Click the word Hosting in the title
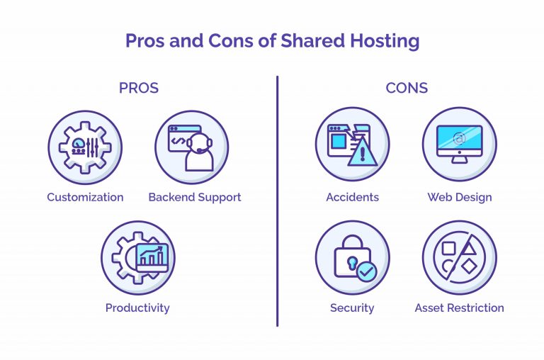[385, 41]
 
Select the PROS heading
[139, 88]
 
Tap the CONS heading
[407, 88]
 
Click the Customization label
[85, 197]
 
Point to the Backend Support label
[195, 198]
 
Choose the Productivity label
[137, 308]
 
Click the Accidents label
[353, 197]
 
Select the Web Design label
[460, 198]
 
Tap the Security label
[352, 308]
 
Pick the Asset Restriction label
[459, 308]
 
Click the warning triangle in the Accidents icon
[363, 152]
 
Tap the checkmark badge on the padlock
[366, 271]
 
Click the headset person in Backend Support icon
[199, 152]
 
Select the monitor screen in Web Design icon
[459, 138]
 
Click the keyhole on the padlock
[352, 263]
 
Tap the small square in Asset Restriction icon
[448, 249]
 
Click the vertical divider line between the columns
[277, 201]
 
